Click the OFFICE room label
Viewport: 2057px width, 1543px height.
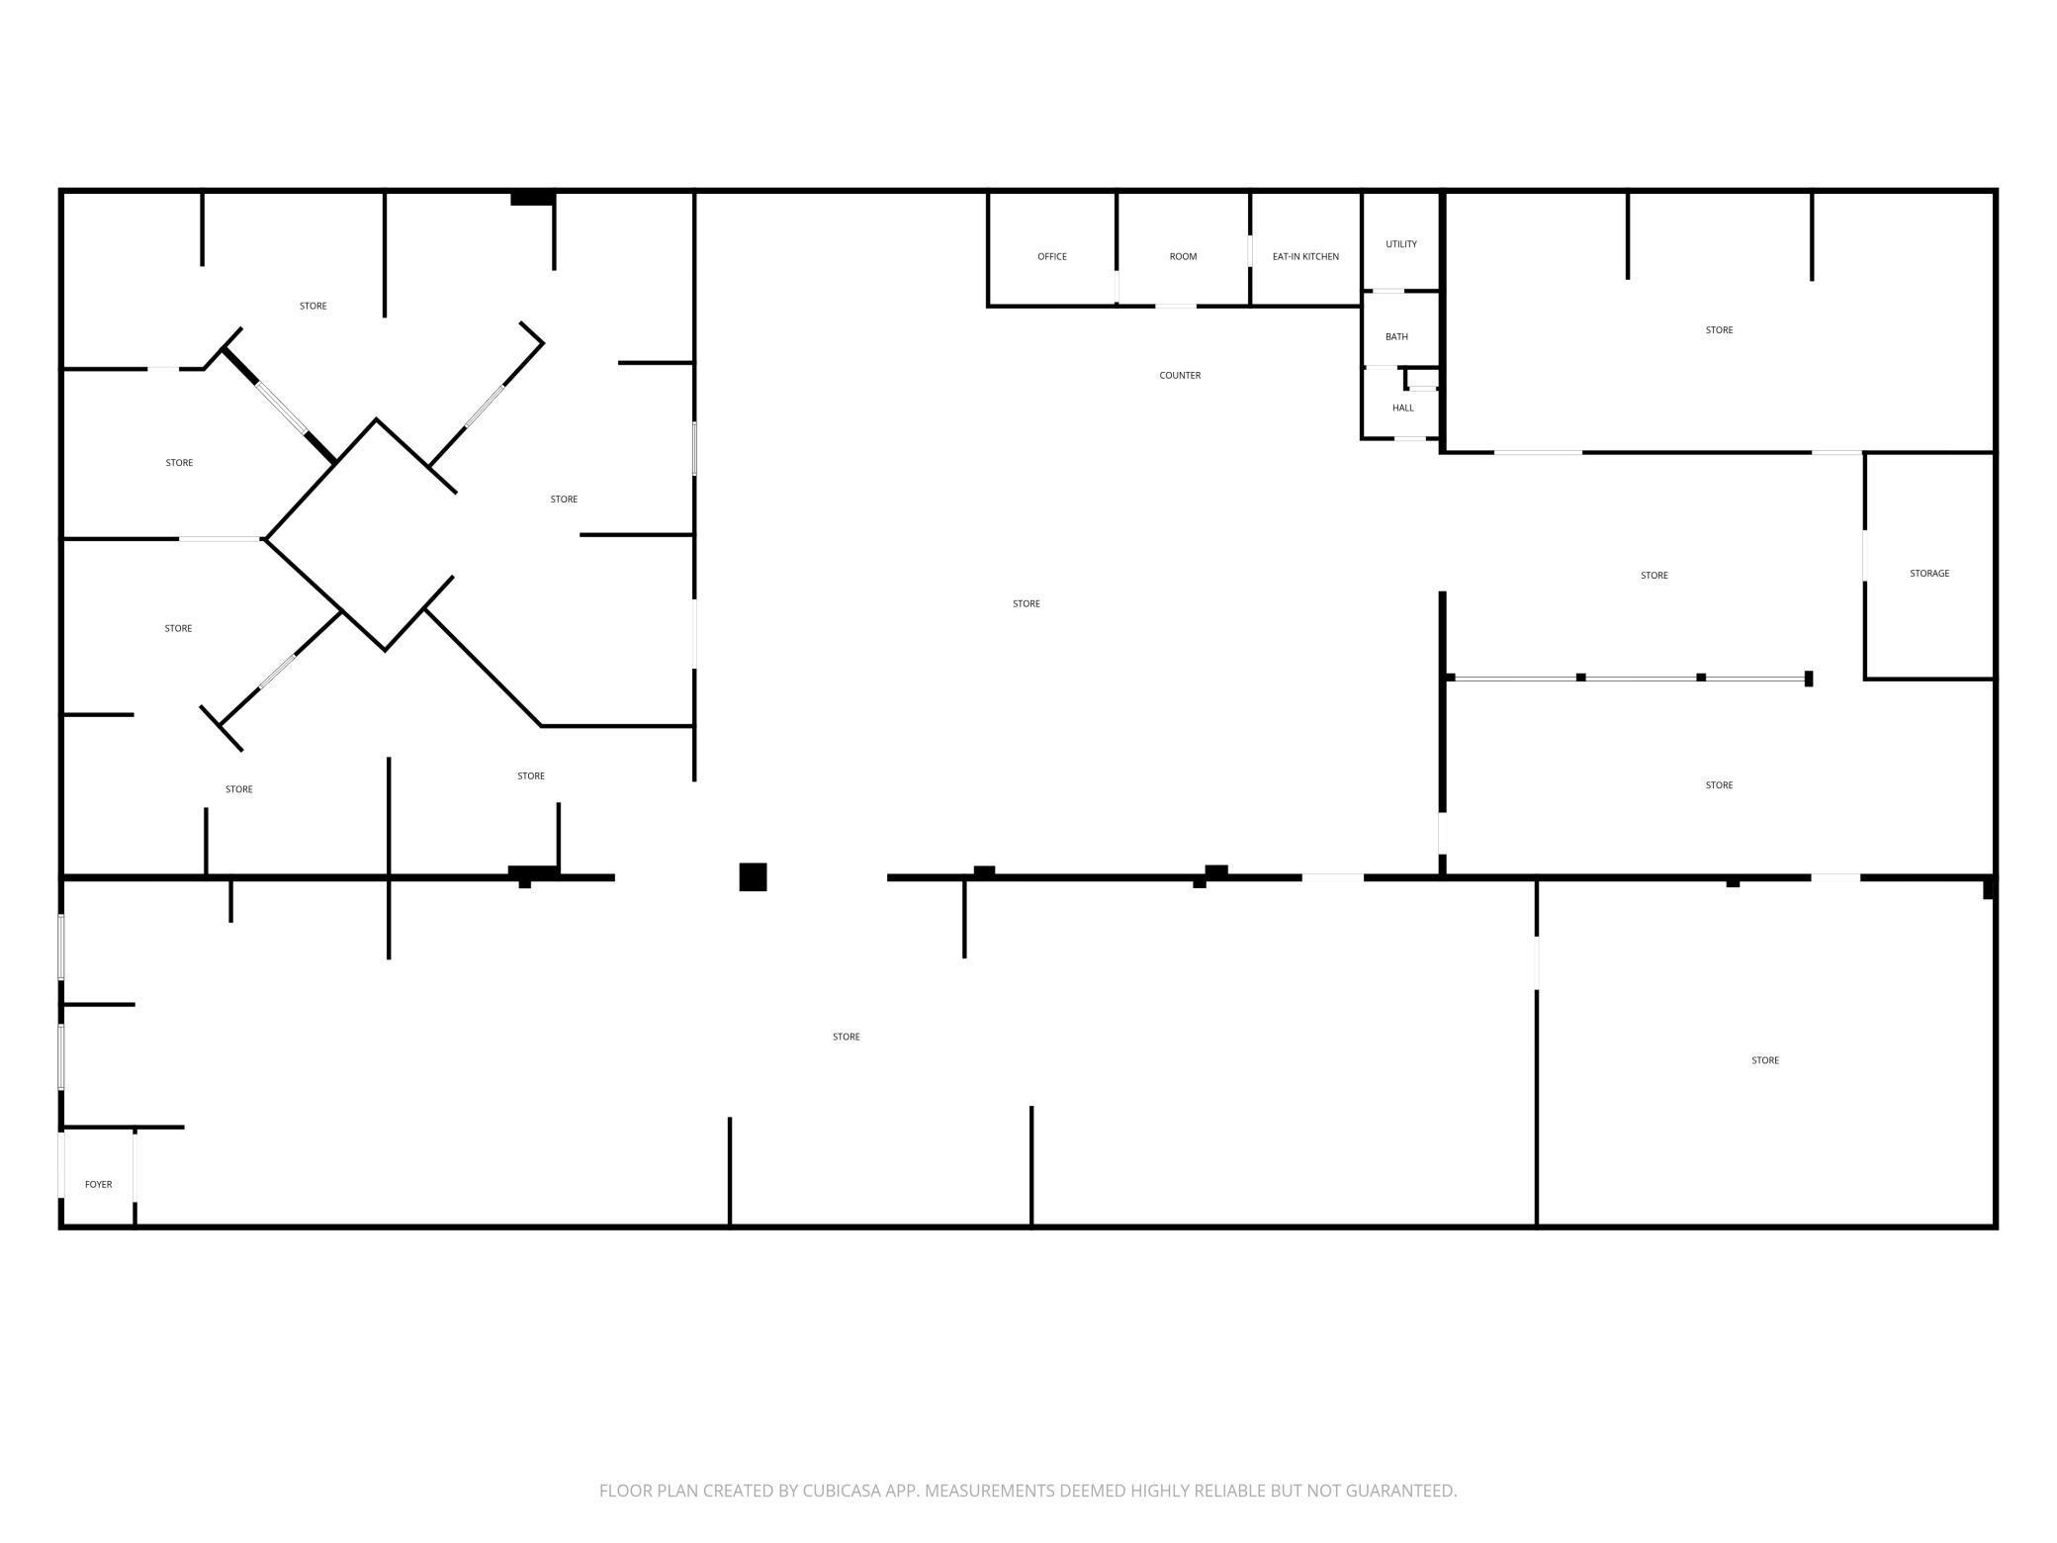pos(1052,257)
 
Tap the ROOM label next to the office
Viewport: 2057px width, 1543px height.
pos(1183,257)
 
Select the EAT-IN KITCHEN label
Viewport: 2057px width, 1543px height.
pos(1305,257)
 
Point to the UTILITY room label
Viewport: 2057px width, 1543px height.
pos(1401,244)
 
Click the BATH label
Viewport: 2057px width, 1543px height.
pos(1396,337)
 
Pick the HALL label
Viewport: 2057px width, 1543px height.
pos(1403,408)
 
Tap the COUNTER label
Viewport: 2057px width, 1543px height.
pos(1180,376)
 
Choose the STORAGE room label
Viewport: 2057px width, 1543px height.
pos(1929,574)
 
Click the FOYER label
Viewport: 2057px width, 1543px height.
pos(98,1184)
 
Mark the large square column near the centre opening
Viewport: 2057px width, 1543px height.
pos(753,876)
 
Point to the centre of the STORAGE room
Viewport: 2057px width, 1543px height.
pos(1928,566)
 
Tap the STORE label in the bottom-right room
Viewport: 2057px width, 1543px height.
pos(1765,1060)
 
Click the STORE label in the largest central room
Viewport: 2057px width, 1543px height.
pos(1027,603)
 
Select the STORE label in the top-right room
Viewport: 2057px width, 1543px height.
pos(1719,330)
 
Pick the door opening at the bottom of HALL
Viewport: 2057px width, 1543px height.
pos(1410,438)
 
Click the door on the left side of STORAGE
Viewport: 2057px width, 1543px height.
pos(1865,556)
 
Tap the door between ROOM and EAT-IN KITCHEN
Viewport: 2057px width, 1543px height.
pos(1250,250)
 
